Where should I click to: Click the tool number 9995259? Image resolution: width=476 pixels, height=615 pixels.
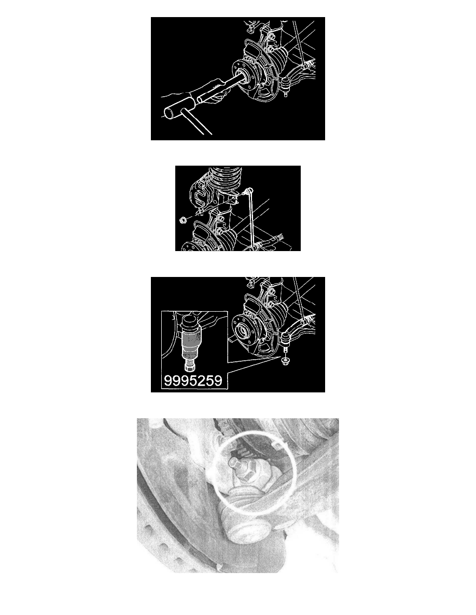pyautogui.click(x=193, y=380)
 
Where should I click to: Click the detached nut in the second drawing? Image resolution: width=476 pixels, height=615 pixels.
pyautogui.click(x=182, y=220)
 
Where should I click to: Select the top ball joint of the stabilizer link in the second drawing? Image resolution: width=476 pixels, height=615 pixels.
pyautogui.click(x=246, y=192)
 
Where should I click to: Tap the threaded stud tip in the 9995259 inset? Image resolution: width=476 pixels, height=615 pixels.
pyautogui.click(x=190, y=367)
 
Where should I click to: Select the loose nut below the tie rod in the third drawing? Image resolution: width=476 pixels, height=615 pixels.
pyautogui.click(x=286, y=360)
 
